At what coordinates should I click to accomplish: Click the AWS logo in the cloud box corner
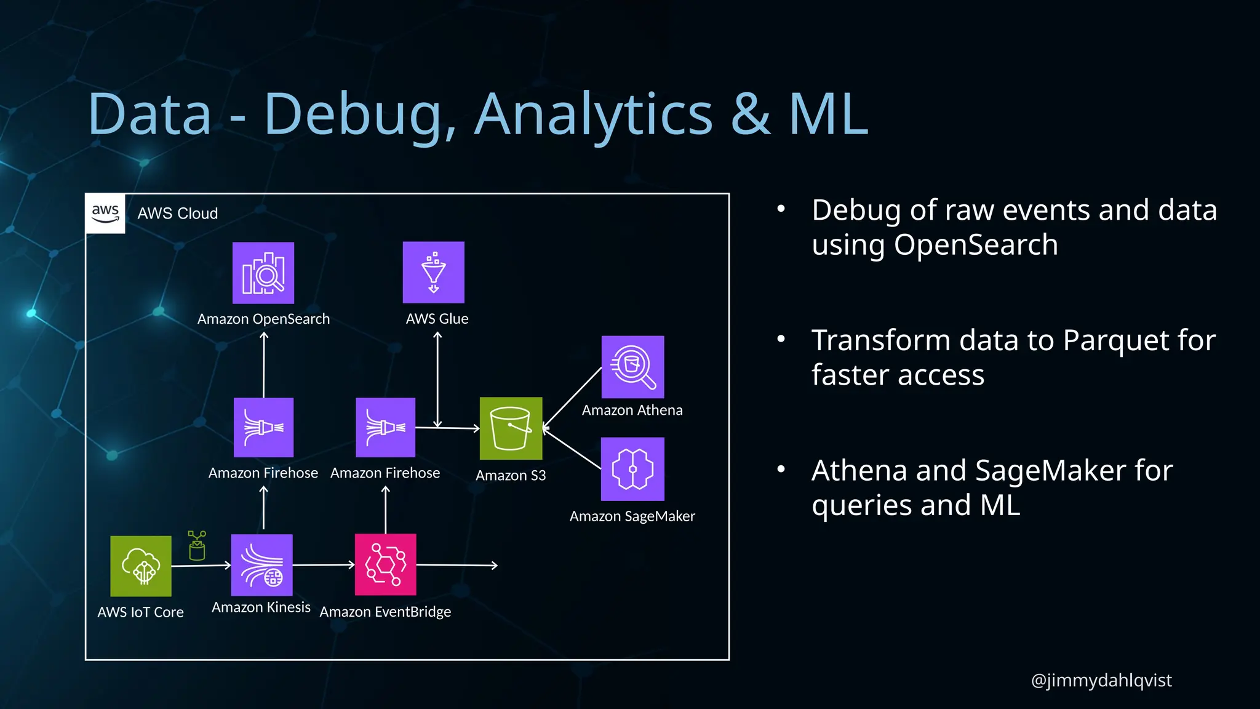point(105,214)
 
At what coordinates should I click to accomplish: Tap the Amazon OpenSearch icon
point(263,273)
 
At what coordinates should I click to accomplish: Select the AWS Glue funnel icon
point(434,272)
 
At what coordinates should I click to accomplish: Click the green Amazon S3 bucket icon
point(511,428)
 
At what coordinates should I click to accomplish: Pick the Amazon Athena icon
point(632,367)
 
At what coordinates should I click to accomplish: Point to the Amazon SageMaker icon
point(632,469)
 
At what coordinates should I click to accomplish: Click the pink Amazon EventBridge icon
point(386,564)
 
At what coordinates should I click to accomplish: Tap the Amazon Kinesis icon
point(261,565)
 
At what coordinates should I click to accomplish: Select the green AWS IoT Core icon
point(141,566)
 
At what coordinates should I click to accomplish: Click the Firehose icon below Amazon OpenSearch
point(263,428)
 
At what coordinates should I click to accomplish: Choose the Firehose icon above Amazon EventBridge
point(386,428)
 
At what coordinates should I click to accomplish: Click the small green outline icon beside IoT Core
point(197,546)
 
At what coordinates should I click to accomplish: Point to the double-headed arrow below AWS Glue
point(437,379)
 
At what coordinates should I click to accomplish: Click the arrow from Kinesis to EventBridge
point(324,564)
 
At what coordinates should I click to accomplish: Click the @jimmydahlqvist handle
point(1101,680)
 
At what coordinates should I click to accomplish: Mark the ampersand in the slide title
point(751,114)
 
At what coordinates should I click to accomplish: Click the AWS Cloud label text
point(178,214)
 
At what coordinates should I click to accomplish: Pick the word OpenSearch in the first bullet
point(976,245)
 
